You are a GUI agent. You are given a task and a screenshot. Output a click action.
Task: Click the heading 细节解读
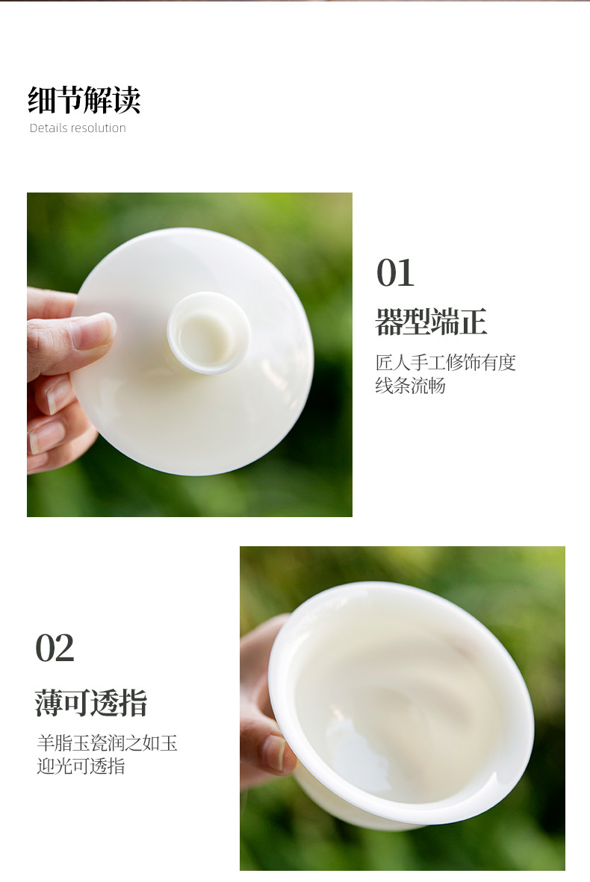[x=84, y=99]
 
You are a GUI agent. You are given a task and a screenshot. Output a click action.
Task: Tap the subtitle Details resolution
[x=78, y=128]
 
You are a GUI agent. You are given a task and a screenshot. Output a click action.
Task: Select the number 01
[x=395, y=273]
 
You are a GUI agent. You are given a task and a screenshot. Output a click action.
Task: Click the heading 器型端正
[x=431, y=322]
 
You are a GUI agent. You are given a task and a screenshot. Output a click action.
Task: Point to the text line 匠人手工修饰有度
[x=445, y=362]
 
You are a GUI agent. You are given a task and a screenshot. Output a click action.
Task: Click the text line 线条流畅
[x=411, y=386]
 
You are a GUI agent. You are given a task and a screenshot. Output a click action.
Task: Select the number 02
[x=55, y=648]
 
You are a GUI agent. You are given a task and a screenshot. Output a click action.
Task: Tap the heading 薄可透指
[x=90, y=703]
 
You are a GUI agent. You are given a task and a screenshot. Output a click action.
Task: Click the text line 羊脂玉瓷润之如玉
[x=107, y=743]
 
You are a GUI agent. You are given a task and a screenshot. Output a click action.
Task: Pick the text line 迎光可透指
[x=81, y=766]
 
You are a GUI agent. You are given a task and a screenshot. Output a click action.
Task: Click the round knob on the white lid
[x=209, y=333]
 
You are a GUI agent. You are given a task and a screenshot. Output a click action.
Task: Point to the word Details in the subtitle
[x=48, y=128]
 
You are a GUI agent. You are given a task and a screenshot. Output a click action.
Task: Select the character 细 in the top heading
[x=42, y=99]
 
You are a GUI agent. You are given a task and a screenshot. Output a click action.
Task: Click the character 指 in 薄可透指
[x=134, y=703]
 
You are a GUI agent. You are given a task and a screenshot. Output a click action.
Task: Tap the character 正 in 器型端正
[x=473, y=322]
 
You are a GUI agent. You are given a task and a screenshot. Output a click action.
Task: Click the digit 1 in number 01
[x=406, y=273]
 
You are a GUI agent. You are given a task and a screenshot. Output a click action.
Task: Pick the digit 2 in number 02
[x=64, y=648]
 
